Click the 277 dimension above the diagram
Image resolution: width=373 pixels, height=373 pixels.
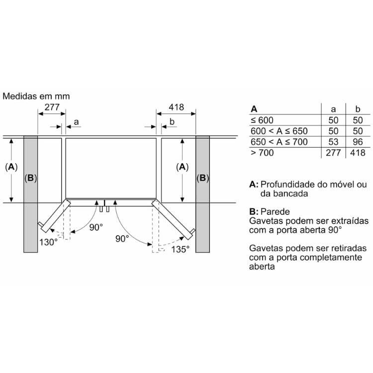click(x=52, y=107)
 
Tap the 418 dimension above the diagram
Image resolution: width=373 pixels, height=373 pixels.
click(x=176, y=107)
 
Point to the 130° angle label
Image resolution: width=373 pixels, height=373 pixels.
click(x=49, y=242)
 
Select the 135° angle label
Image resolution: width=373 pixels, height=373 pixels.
click(x=181, y=249)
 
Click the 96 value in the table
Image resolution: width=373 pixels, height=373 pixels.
click(x=358, y=142)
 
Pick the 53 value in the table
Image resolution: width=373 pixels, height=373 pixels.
click(x=333, y=142)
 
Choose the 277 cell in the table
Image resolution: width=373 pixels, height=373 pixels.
click(x=333, y=153)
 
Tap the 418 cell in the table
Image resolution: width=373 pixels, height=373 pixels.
click(x=358, y=153)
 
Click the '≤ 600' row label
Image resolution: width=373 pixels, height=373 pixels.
click(x=262, y=120)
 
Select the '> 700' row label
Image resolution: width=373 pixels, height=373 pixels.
click(x=262, y=153)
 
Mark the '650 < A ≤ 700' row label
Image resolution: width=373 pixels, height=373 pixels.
click(x=279, y=142)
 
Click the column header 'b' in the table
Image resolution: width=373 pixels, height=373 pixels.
click(x=358, y=109)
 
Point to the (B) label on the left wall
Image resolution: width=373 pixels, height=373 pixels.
click(x=31, y=178)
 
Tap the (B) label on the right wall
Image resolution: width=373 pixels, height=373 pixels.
click(x=203, y=178)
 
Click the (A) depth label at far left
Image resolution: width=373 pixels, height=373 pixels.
click(x=11, y=167)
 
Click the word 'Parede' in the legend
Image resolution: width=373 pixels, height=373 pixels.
click(x=275, y=211)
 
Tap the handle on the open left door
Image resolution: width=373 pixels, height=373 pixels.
click(x=40, y=224)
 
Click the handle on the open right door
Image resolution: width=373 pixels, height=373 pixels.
click(x=192, y=231)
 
